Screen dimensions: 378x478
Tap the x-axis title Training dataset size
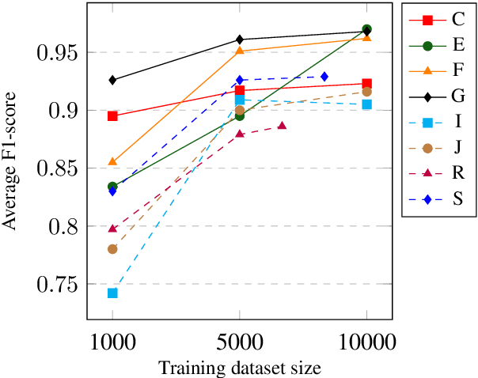coord(240,368)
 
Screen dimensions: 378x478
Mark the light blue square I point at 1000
coord(112,293)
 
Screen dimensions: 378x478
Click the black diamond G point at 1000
coord(112,80)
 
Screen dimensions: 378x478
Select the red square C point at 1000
coord(112,115)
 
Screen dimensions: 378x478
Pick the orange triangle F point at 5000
coord(240,51)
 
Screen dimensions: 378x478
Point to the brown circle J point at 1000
coord(112,249)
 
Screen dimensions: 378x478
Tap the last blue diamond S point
coord(324,76)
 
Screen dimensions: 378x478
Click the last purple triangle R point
coord(282,126)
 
